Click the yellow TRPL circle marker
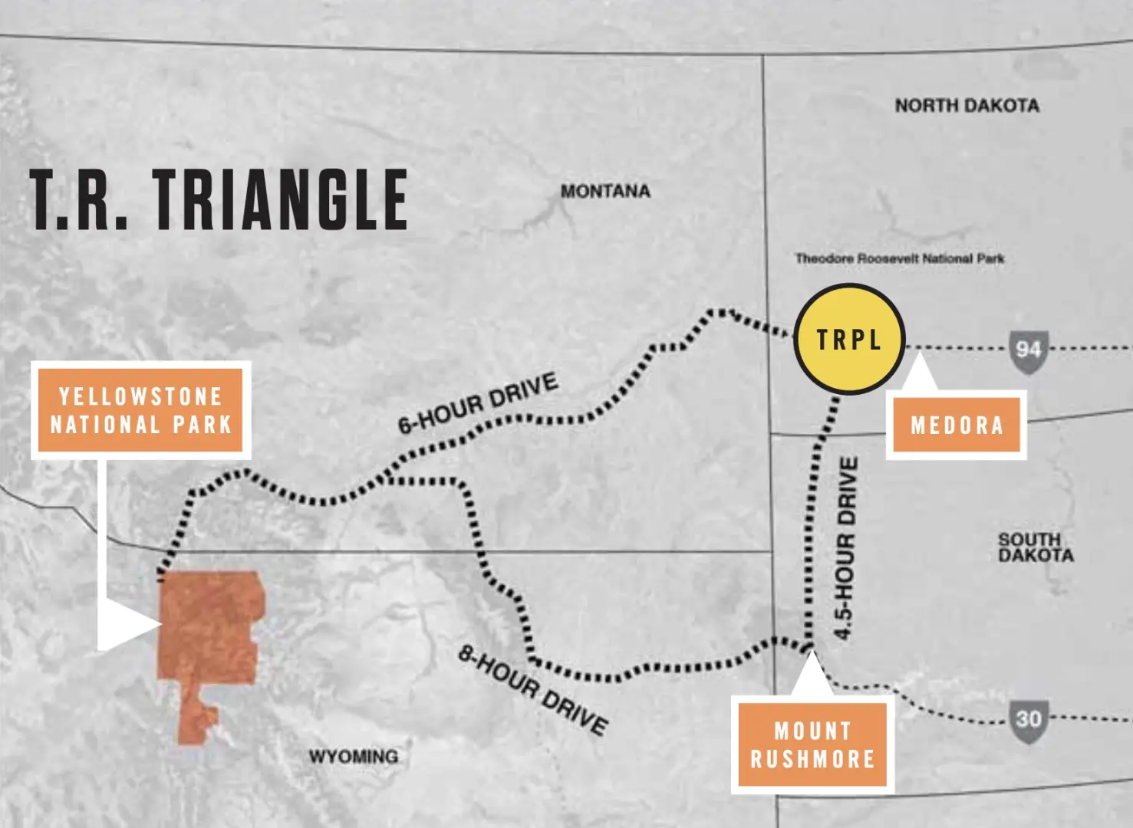pyautogui.click(x=849, y=339)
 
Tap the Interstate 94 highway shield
pyautogui.click(x=1028, y=351)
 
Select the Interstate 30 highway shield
pyautogui.click(x=1028, y=720)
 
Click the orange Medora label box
pyautogui.click(x=957, y=425)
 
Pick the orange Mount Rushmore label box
pyautogui.click(x=812, y=744)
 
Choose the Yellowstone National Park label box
pyautogui.click(x=141, y=410)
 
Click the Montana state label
pyautogui.click(x=605, y=191)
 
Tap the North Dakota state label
pyautogui.click(x=967, y=105)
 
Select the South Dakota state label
pyautogui.click(x=1035, y=547)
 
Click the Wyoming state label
pyautogui.click(x=354, y=757)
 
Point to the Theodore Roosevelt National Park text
pyautogui.click(x=899, y=258)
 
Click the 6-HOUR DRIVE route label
pyautogui.click(x=477, y=403)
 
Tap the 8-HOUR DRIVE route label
pyautogui.click(x=533, y=689)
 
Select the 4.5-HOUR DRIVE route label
pyautogui.click(x=845, y=548)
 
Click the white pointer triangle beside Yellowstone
pyautogui.click(x=127, y=624)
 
